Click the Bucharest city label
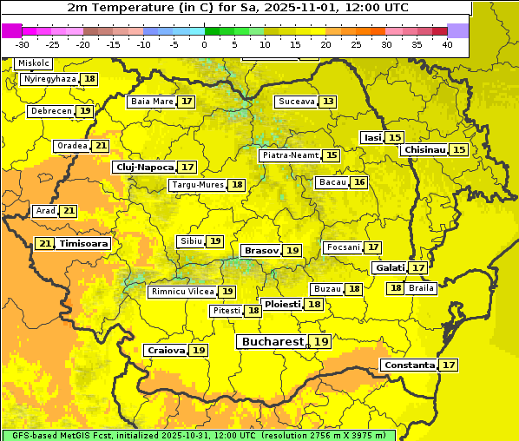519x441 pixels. pos(273,342)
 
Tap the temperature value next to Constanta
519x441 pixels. pos(449,365)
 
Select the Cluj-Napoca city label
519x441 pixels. pos(144,167)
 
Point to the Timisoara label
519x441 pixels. pos(84,244)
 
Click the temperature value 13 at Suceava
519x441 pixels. pos(327,102)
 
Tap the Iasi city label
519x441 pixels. pos(372,138)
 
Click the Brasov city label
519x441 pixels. pos(261,250)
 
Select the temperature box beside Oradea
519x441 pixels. pos(101,146)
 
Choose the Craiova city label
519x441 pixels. pos(167,350)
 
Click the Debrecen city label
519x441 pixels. pos(50,111)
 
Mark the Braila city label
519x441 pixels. pos(421,288)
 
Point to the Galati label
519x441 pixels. pos(390,268)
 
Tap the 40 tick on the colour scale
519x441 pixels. pos(446,43)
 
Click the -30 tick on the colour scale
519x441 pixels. pos(23,43)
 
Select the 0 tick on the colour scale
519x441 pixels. pos(204,43)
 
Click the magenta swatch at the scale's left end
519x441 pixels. pos(11,30)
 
